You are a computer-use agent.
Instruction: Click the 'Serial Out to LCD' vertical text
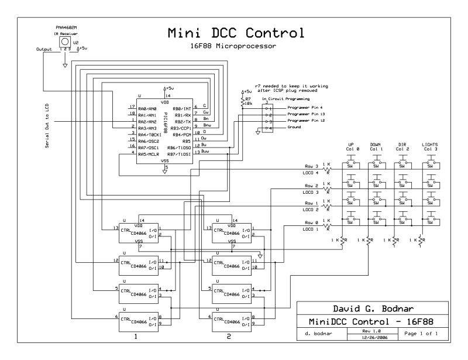click(47, 124)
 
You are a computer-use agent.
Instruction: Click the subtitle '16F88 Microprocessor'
click(234, 47)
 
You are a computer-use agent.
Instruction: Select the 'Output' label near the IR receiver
click(44, 49)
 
